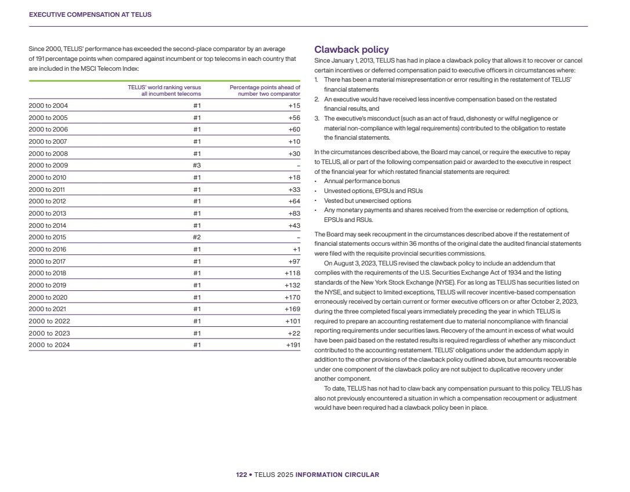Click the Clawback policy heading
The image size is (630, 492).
coord(351,50)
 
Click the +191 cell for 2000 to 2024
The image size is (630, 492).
coord(293,345)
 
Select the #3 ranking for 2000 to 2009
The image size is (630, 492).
coord(196,165)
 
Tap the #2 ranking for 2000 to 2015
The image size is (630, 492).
coord(196,237)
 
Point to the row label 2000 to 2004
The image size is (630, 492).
coord(48,105)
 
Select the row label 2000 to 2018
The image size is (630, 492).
coord(48,273)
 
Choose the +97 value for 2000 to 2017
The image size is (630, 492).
coord(294,261)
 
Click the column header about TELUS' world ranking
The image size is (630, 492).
coord(164,90)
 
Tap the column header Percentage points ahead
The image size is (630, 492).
coord(265,90)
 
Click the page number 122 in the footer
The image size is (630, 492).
coord(241,475)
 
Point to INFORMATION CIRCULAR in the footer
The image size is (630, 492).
coord(337,475)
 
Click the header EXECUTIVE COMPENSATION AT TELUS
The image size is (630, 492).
coord(90,14)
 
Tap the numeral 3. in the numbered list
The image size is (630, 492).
coord(317,118)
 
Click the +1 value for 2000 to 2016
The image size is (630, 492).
coord(296,249)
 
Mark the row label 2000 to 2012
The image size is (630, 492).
coord(48,201)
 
